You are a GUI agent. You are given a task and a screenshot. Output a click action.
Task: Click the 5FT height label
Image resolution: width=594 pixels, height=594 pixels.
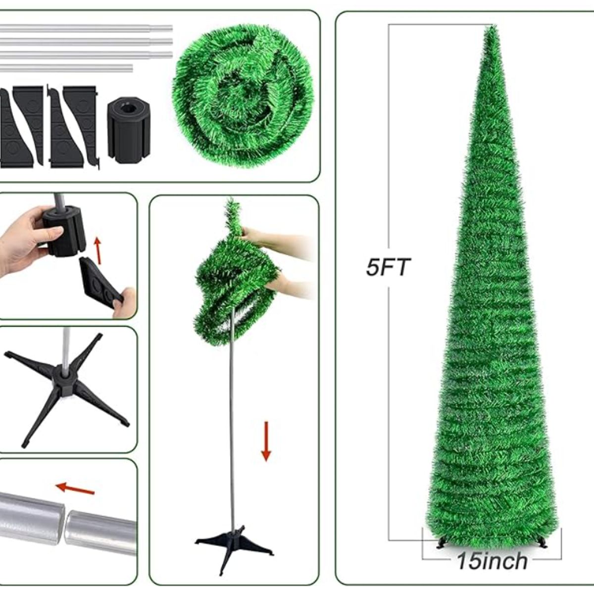pyautogui.click(x=389, y=268)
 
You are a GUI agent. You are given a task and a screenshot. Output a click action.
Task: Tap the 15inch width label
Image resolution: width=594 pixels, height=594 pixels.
pyautogui.click(x=492, y=561)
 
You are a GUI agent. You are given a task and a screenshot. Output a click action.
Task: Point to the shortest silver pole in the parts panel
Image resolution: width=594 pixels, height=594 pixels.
pyautogui.click(x=67, y=67)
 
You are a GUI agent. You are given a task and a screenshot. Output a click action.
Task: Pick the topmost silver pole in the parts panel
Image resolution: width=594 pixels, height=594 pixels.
pyautogui.click(x=87, y=28)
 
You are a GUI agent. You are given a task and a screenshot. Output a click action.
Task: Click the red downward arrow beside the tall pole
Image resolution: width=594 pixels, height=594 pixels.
pyautogui.click(x=266, y=441)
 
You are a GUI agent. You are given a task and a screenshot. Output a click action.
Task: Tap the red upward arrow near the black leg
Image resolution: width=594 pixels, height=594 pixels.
pyautogui.click(x=98, y=250)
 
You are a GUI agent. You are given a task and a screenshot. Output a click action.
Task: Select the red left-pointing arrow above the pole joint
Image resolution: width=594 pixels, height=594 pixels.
pyautogui.click(x=75, y=489)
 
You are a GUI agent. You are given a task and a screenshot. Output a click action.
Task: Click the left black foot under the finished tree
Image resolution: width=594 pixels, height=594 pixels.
pyautogui.click(x=440, y=543)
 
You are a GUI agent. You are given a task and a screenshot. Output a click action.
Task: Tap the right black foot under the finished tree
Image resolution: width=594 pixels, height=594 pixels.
pyautogui.click(x=543, y=543)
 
